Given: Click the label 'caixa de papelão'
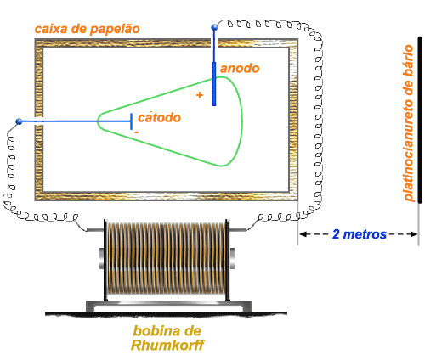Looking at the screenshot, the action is pyautogui.click(x=88, y=29).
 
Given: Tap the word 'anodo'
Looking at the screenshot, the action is pyautogui.click(x=240, y=69).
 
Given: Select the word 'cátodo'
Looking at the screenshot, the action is pyautogui.click(x=159, y=117).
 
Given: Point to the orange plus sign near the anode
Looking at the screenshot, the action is pyautogui.click(x=200, y=95).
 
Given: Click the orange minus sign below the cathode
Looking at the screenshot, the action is pyautogui.click(x=136, y=132).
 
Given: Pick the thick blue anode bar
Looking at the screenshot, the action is pyautogui.click(x=214, y=84).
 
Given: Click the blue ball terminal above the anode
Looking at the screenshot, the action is pyautogui.click(x=214, y=27).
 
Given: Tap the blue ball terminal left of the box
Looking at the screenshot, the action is pyautogui.click(x=19, y=121).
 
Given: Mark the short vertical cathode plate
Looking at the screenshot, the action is pyautogui.click(x=132, y=121).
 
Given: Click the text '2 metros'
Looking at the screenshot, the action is pyautogui.click(x=360, y=234).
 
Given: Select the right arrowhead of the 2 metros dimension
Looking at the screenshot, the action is pyautogui.click(x=414, y=234).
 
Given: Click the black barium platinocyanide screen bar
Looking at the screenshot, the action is pyautogui.click(x=420, y=120).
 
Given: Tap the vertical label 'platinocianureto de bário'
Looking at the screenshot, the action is pyautogui.click(x=408, y=123).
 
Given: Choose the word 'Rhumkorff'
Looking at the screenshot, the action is pyautogui.click(x=167, y=345).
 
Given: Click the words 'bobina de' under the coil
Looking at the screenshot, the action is pyautogui.click(x=167, y=331).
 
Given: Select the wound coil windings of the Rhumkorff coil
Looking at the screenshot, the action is pyautogui.click(x=167, y=259).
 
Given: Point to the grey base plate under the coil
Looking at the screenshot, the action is pyautogui.click(x=168, y=306).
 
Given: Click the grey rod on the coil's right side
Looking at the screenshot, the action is pyautogui.click(x=237, y=229).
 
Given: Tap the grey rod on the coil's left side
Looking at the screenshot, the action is pyautogui.click(x=95, y=230).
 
